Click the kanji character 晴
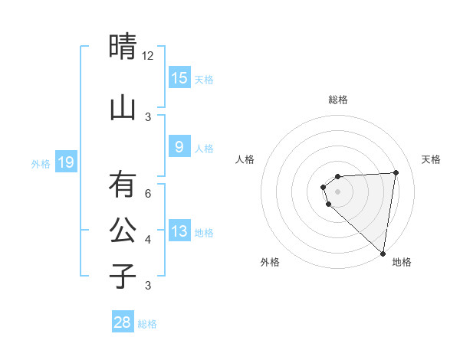point(123,47)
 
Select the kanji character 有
point(123,185)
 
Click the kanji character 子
point(123,276)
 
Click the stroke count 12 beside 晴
point(148,56)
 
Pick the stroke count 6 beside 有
point(148,194)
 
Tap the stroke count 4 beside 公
point(148,240)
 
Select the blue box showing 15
point(179,77)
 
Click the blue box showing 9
point(179,147)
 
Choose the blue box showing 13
point(179,231)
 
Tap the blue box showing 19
point(65,162)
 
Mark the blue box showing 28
point(123,322)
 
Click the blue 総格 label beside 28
point(147,324)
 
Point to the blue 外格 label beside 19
point(41,163)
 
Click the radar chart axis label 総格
point(338,100)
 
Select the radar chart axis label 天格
point(432,159)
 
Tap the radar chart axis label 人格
point(245,159)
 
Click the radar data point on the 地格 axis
point(383,253)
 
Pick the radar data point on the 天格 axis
point(396,172)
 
